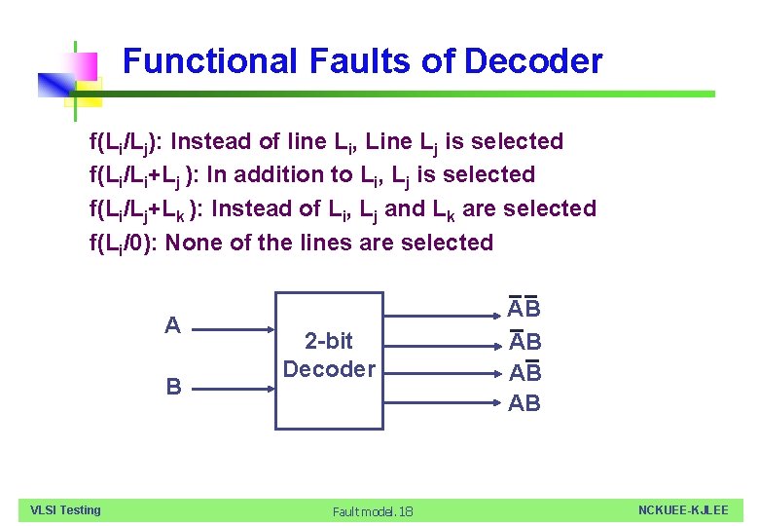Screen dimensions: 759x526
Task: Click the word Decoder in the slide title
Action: point(533,61)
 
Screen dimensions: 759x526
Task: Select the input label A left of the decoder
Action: point(172,325)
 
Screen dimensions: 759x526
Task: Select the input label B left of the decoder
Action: point(173,387)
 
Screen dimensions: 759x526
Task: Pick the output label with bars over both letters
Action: point(524,310)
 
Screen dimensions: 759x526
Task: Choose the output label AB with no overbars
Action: point(524,403)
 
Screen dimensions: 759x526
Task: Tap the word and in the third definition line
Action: point(405,208)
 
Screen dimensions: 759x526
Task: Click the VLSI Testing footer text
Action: point(65,510)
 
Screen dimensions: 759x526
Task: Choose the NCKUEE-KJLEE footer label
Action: point(683,510)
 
